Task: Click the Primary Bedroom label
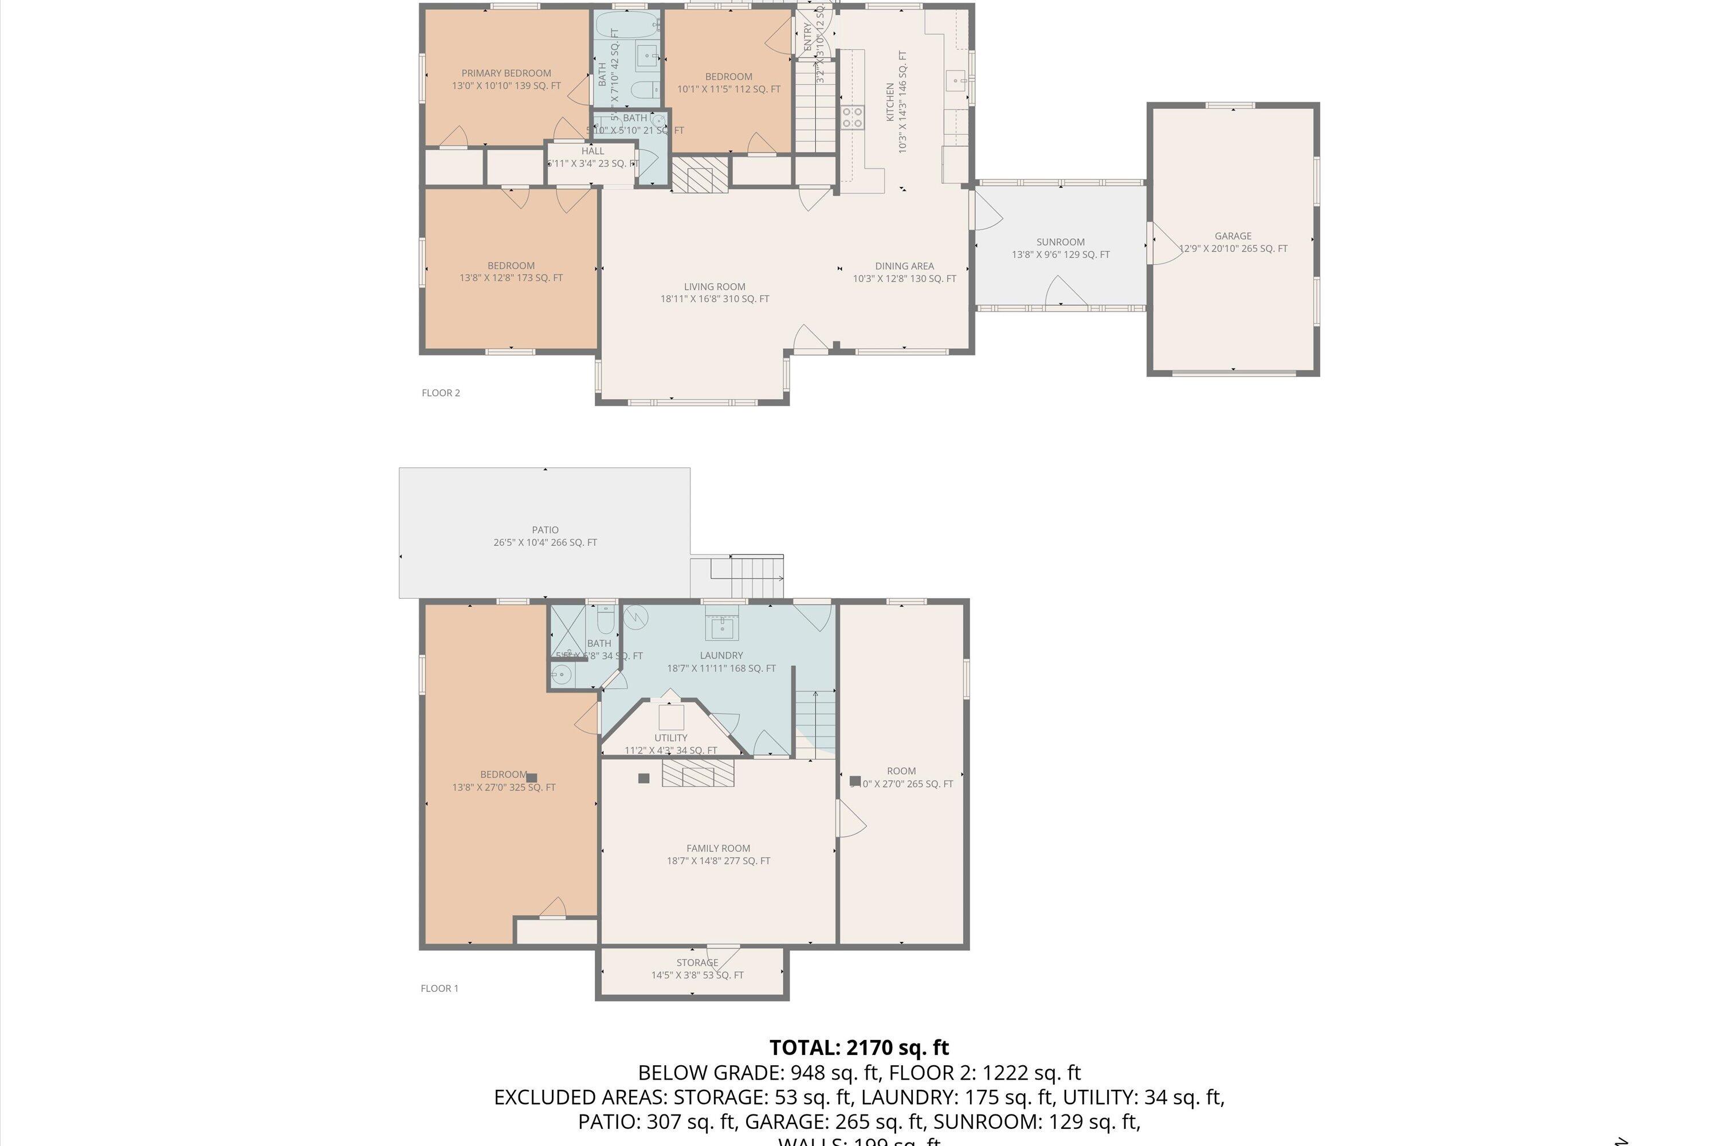(x=506, y=73)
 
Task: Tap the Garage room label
(x=1233, y=236)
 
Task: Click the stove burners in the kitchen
(x=852, y=117)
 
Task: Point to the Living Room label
(x=715, y=287)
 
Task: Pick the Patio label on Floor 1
(x=545, y=530)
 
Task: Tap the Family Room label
(x=718, y=849)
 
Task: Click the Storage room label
(x=697, y=963)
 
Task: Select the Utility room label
(x=670, y=738)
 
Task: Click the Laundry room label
(x=721, y=656)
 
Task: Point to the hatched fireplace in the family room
(x=697, y=773)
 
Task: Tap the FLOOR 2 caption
(x=441, y=393)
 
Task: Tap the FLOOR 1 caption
(x=439, y=989)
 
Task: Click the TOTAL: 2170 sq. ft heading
(x=859, y=1048)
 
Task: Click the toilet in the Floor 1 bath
(x=605, y=621)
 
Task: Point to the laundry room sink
(x=722, y=626)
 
